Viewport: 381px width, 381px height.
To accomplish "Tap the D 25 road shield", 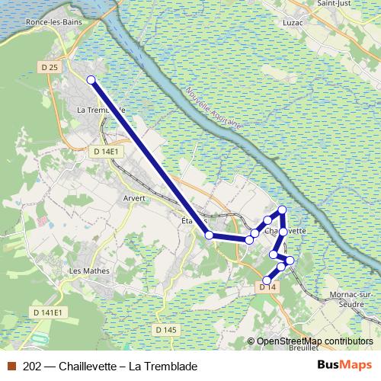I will point(50,67).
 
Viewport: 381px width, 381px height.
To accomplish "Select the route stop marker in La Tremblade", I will point(91,80).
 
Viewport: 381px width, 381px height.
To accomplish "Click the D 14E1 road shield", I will point(105,152).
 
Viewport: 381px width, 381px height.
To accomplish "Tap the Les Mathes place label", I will point(89,271).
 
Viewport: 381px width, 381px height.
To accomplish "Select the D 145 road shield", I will point(165,330).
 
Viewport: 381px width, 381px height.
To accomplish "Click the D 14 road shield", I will point(267,287).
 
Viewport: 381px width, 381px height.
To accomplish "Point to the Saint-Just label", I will point(328,4).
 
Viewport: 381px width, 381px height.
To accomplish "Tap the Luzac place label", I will point(291,23).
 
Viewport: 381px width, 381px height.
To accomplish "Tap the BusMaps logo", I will point(344,366).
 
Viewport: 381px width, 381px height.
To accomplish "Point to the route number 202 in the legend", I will point(33,367).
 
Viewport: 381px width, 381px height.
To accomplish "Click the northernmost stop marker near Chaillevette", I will point(282,210).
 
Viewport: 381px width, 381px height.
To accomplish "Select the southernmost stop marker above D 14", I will point(267,280).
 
